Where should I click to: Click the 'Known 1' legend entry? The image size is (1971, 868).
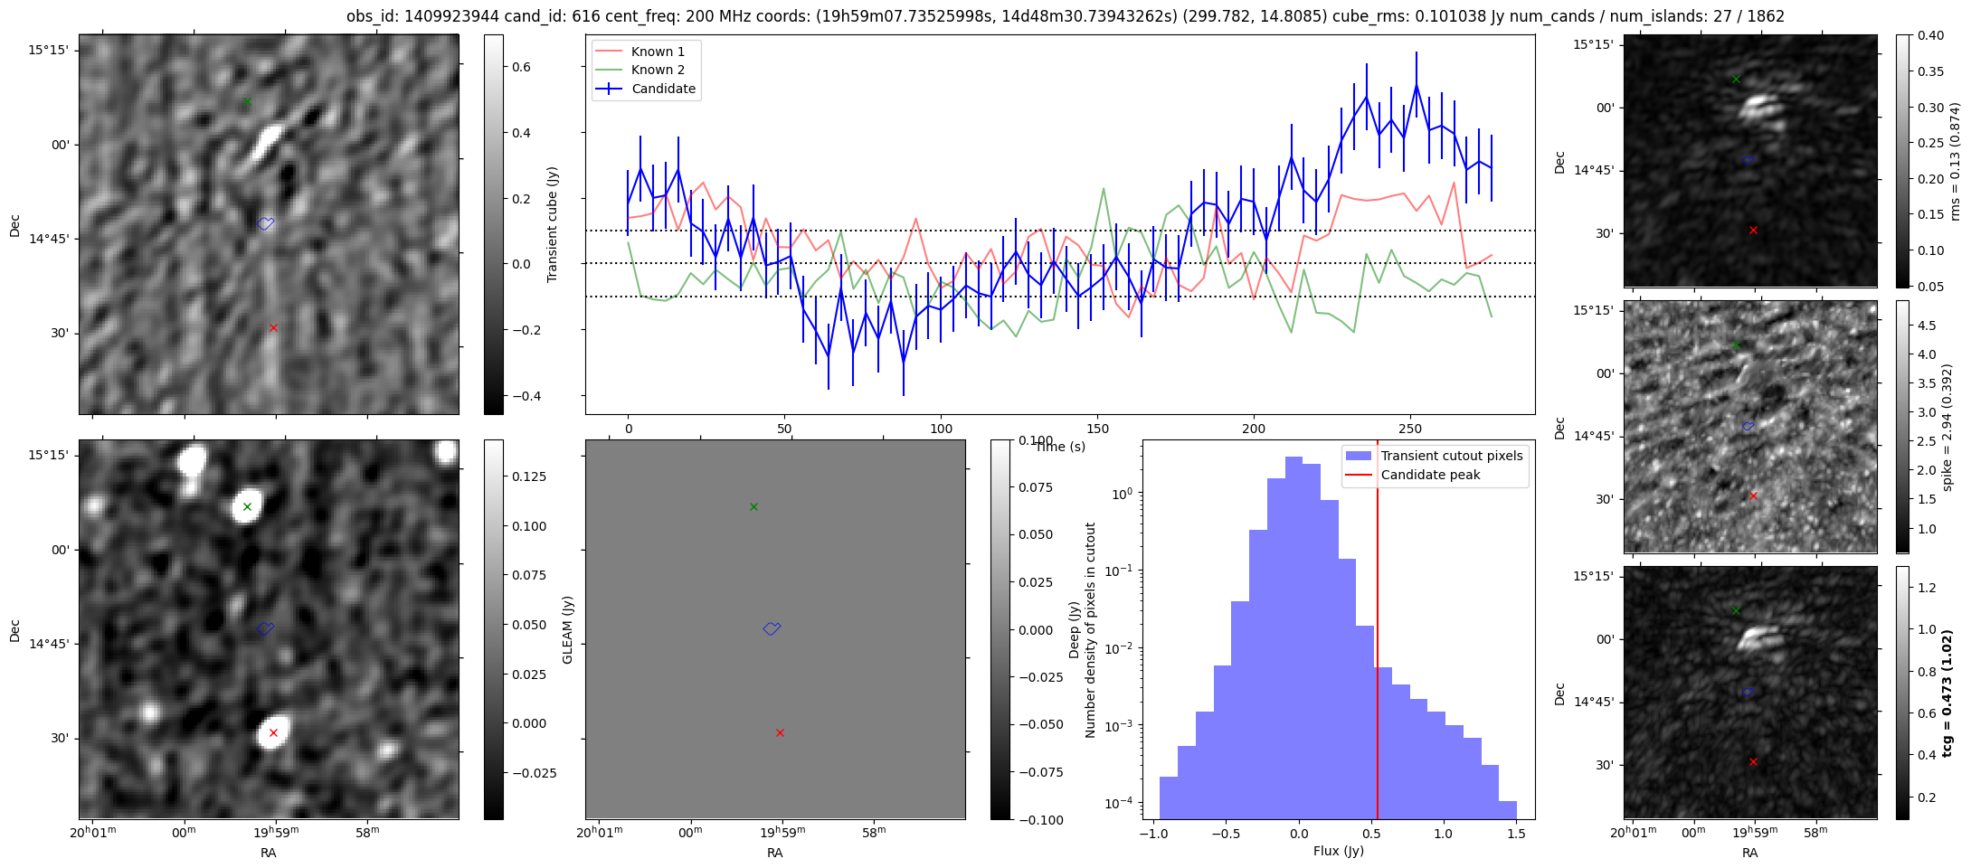pos(658,52)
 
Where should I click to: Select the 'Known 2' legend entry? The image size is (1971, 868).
pos(658,70)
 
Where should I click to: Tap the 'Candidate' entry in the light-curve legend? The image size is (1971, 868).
pos(663,89)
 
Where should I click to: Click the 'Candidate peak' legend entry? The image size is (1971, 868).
pos(1430,475)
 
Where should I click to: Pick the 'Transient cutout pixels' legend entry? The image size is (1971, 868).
pos(1451,456)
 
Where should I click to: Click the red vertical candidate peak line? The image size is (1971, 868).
pos(1377,633)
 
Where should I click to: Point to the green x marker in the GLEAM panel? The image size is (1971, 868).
pos(753,506)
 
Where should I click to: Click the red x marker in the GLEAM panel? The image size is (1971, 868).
pos(780,732)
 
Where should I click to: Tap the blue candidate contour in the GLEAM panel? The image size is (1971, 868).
pos(772,628)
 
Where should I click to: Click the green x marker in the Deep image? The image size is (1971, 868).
pos(247,506)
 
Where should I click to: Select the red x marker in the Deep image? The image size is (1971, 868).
pos(273,732)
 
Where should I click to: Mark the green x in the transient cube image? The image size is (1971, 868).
pos(247,101)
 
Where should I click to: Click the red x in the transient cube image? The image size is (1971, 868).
pos(273,327)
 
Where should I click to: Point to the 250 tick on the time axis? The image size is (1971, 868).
pos(1410,429)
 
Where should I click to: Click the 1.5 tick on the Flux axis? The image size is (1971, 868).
pos(1515,833)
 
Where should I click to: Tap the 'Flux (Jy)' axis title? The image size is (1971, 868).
pos(1338,851)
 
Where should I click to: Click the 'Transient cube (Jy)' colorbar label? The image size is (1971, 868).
pos(553,224)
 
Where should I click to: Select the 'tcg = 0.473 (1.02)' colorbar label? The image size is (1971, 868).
pos(1947,693)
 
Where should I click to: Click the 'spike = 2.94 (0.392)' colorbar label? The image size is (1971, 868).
pos(1947,427)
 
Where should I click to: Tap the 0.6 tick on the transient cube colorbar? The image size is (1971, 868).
pos(522,67)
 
